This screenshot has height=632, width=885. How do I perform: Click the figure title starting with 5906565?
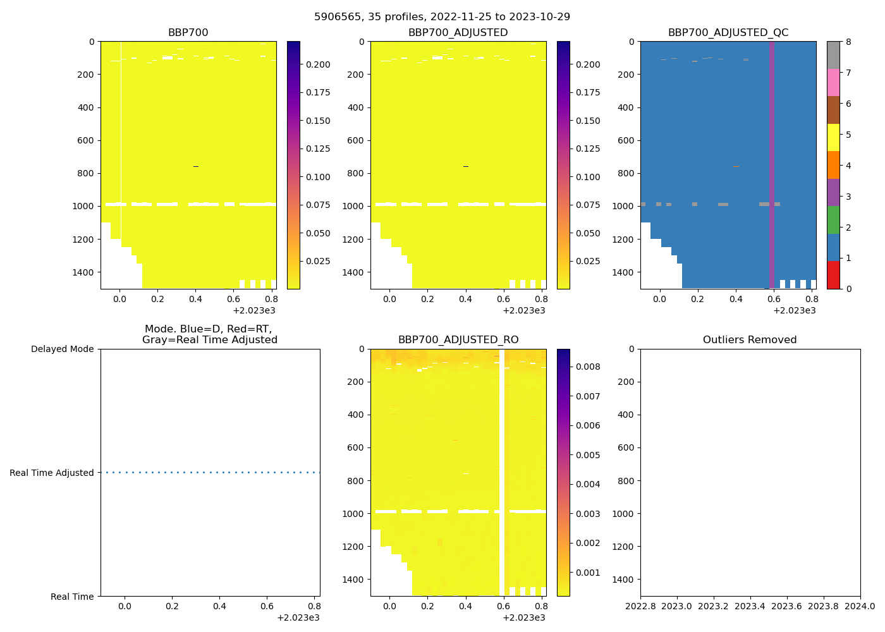click(x=442, y=16)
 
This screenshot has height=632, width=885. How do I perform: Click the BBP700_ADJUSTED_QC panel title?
click(x=728, y=32)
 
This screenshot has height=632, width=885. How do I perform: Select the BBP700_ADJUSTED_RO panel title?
click(x=458, y=339)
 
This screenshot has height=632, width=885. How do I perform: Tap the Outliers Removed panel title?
click(x=750, y=339)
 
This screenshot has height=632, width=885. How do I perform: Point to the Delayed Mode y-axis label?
click(x=62, y=349)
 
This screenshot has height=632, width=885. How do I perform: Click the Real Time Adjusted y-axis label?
click(x=51, y=473)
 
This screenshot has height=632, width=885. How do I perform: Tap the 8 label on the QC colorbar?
click(x=848, y=42)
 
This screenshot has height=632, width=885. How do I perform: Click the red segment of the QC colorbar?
click(x=833, y=275)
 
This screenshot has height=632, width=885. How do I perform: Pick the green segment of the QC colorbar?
click(x=833, y=220)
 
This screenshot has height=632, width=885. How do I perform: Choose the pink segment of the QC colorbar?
click(x=833, y=82)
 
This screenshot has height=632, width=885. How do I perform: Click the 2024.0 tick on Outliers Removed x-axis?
click(x=860, y=606)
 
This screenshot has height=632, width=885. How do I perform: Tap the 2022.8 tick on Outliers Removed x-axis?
click(x=640, y=606)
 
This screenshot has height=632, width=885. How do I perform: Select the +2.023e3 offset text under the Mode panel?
click(x=298, y=617)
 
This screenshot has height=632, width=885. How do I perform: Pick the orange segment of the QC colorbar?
click(x=833, y=165)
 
